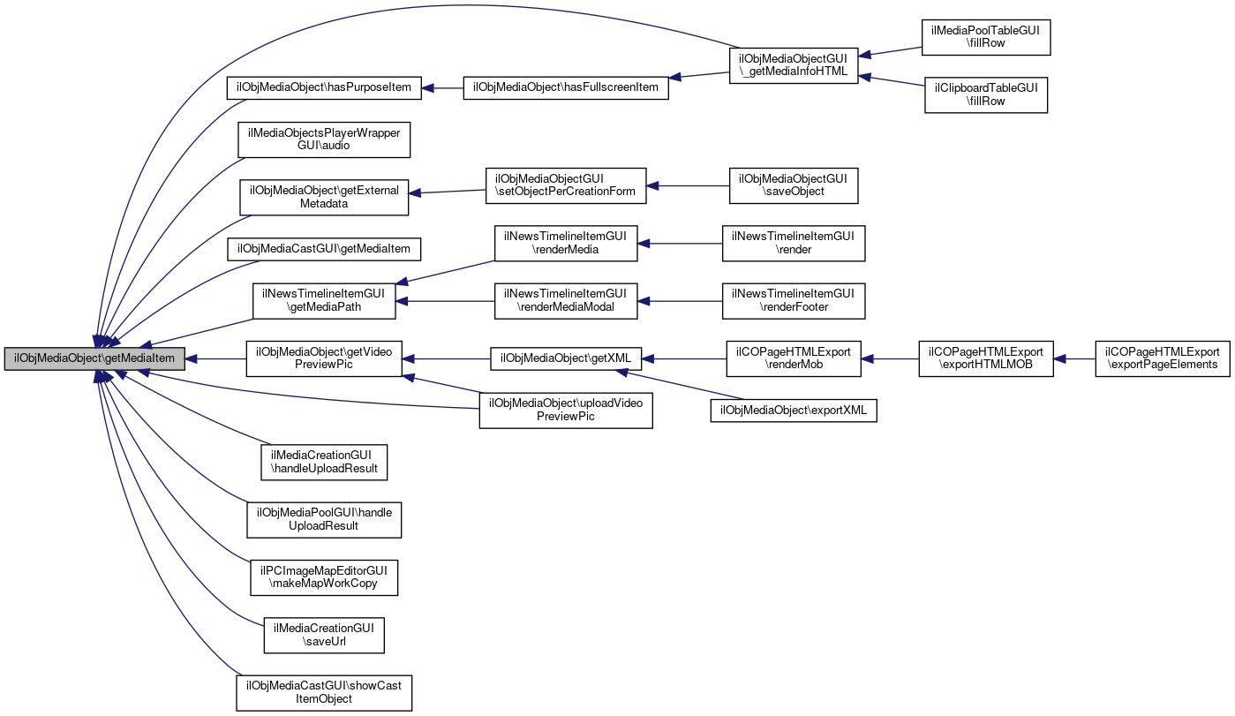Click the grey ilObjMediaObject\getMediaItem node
[x=95, y=358]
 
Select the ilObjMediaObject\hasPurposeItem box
[x=323, y=87]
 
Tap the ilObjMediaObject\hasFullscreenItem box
[x=566, y=87]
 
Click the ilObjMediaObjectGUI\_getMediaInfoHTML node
[x=793, y=66]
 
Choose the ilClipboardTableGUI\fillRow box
[x=985, y=94]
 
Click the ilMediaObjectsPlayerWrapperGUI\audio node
[x=324, y=139]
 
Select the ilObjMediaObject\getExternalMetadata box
[x=324, y=197]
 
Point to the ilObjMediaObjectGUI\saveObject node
[x=793, y=185]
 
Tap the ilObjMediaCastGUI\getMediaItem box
[x=324, y=249]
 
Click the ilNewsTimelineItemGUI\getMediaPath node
[x=324, y=301]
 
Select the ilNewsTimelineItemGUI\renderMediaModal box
[x=565, y=301]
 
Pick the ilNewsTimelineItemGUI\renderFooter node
[x=793, y=301]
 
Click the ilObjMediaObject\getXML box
[x=565, y=358]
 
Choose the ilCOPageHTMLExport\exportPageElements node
[x=1162, y=358]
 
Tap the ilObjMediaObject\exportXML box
[x=794, y=411]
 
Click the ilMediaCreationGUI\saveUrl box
[x=324, y=635]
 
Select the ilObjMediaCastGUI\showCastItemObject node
[x=324, y=692]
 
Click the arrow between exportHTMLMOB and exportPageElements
[x=1074, y=359]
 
